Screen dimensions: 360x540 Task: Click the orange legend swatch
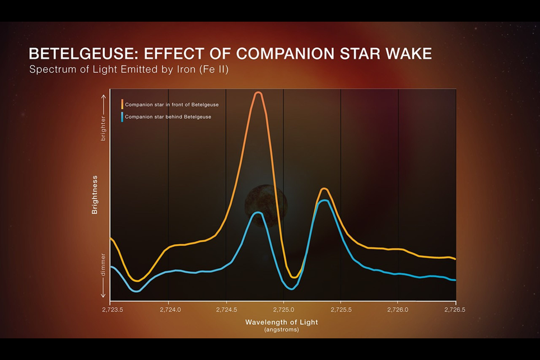122,104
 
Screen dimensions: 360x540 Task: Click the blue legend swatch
122,117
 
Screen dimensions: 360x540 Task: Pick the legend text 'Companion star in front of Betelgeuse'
171,105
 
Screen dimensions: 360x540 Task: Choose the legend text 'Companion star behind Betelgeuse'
168,117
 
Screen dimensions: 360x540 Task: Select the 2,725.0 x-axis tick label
283,309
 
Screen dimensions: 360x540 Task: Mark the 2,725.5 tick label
341,309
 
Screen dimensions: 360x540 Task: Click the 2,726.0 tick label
398,309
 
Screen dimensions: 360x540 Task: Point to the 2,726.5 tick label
455,309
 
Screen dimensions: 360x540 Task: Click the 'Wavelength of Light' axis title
281,322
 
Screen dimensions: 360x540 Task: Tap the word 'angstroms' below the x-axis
282,330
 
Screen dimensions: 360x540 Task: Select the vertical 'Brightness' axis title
95,195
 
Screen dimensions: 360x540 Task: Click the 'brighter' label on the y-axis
103,127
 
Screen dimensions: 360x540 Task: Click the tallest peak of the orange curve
258,93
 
